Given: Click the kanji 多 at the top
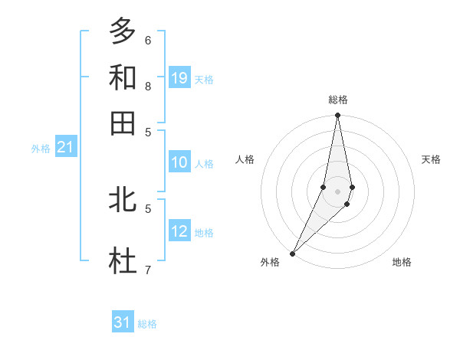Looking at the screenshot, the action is point(123,31).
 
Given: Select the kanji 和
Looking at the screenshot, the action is point(123,77).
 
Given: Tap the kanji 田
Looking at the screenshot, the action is point(123,123).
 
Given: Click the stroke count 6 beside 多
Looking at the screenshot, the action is point(148,40).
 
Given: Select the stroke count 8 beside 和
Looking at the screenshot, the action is point(148,86).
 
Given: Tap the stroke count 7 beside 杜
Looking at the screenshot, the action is point(148,270).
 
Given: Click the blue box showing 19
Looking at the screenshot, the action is point(179,78).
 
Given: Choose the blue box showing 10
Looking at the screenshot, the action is point(179,162).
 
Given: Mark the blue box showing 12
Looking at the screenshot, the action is point(179,231).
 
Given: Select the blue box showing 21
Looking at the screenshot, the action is point(64,147).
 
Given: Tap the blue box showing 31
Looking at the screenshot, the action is point(122,323).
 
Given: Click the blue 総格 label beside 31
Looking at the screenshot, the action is point(147,324).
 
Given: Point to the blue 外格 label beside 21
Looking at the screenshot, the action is point(41,149).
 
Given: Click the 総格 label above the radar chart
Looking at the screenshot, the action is point(337,100).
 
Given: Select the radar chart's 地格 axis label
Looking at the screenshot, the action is point(402,263).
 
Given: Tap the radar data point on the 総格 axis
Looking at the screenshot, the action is point(337,116).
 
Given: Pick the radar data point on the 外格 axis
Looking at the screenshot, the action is point(293,253).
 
